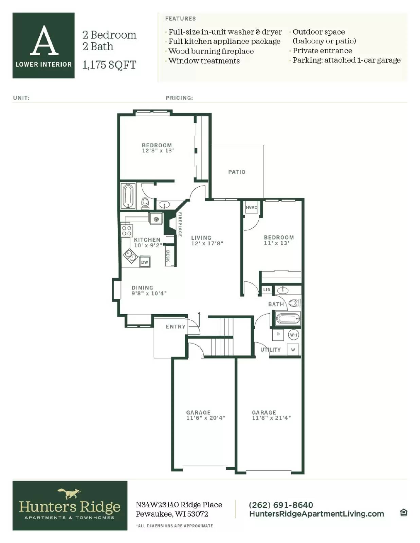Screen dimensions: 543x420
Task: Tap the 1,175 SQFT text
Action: (109, 64)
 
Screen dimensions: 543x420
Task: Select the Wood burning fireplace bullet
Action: (211, 51)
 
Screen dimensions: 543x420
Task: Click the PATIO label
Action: (237, 172)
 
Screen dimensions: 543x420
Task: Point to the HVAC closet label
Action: (252, 207)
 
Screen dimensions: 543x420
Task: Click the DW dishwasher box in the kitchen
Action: (145, 262)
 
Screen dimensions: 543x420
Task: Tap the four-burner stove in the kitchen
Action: (127, 231)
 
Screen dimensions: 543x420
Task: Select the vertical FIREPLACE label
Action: (180, 224)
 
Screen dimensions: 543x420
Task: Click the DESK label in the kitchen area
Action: (168, 256)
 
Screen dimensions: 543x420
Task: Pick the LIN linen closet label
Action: (267, 289)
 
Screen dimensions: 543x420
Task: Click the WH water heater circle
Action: (293, 335)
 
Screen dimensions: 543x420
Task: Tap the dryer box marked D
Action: (278, 334)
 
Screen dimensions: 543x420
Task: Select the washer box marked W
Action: (293, 350)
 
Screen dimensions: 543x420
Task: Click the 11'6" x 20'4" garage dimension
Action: (206, 418)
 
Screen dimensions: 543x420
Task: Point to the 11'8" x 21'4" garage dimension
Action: (271, 418)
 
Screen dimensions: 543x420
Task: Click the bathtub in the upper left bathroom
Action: (128, 196)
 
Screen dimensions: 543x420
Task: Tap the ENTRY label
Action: (176, 326)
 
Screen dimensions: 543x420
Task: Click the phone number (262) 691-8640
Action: (281, 505)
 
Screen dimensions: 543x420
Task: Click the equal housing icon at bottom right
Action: (403, 512)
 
